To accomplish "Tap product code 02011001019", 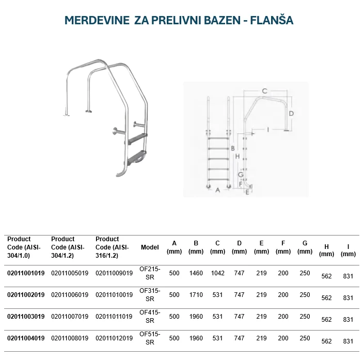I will click(26, 273).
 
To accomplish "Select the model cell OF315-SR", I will click(150, 295).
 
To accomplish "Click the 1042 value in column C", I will click(218, 273).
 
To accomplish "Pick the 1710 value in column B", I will click(196, 295).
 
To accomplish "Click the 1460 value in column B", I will click(196, 273).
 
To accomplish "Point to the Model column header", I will click(150, 247).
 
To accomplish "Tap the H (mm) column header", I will click(326, 250).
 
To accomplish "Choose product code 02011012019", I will click(114, 338).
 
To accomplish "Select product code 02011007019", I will click(70, 317).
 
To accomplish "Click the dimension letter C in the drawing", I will click(264, 91).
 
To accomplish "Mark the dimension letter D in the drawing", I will click(291, 113).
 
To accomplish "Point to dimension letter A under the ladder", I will click(217, 190).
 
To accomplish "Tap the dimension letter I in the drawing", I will click(268, 129).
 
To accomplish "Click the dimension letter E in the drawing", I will click(247, 192).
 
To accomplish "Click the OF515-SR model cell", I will click(150, 338).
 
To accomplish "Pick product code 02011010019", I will click(114, 295).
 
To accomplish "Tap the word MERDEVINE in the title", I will click(97, 21).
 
